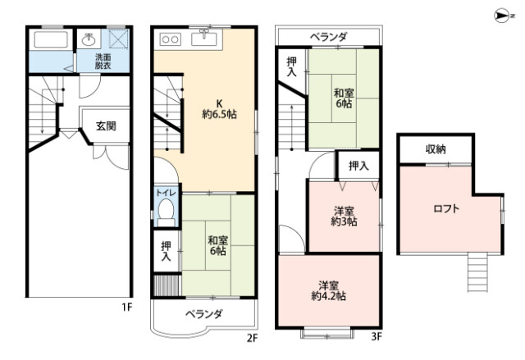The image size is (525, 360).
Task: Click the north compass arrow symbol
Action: [502, 14]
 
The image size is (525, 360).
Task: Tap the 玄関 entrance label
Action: [106, 125]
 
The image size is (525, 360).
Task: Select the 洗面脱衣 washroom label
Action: [103, 62]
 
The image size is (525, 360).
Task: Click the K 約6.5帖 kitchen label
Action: [219, 109]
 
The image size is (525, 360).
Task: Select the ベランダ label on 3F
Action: [328, 37]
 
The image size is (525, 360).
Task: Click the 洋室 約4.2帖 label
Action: [328, 289]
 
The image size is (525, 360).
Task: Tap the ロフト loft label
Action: [446, 208]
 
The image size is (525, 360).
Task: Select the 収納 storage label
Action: [436, 148]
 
